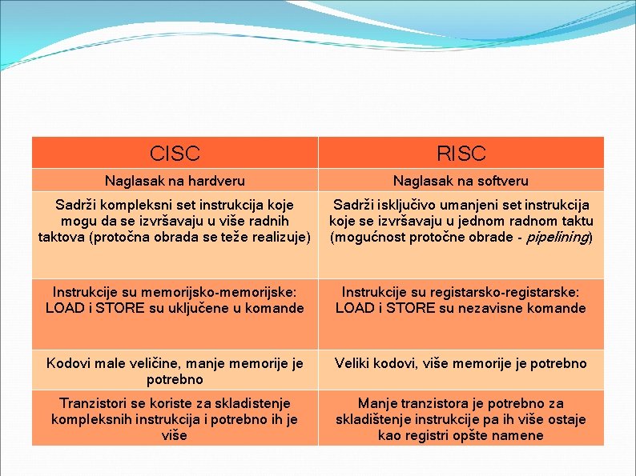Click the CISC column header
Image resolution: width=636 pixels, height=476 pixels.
pyautogui.click(x=175, y=153)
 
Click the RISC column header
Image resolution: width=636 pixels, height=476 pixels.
pyautogui.click(x=461, y=153)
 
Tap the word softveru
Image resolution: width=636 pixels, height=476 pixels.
pyautogui.click(x=500, y=182)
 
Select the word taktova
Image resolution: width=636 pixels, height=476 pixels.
pyautogui.click(x=62, y=238)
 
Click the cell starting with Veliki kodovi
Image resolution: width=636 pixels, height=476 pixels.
pyautogui.click(x=461, y=363)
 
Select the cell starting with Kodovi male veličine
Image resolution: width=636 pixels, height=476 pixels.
pyautogui.click(x=175, y=371)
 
